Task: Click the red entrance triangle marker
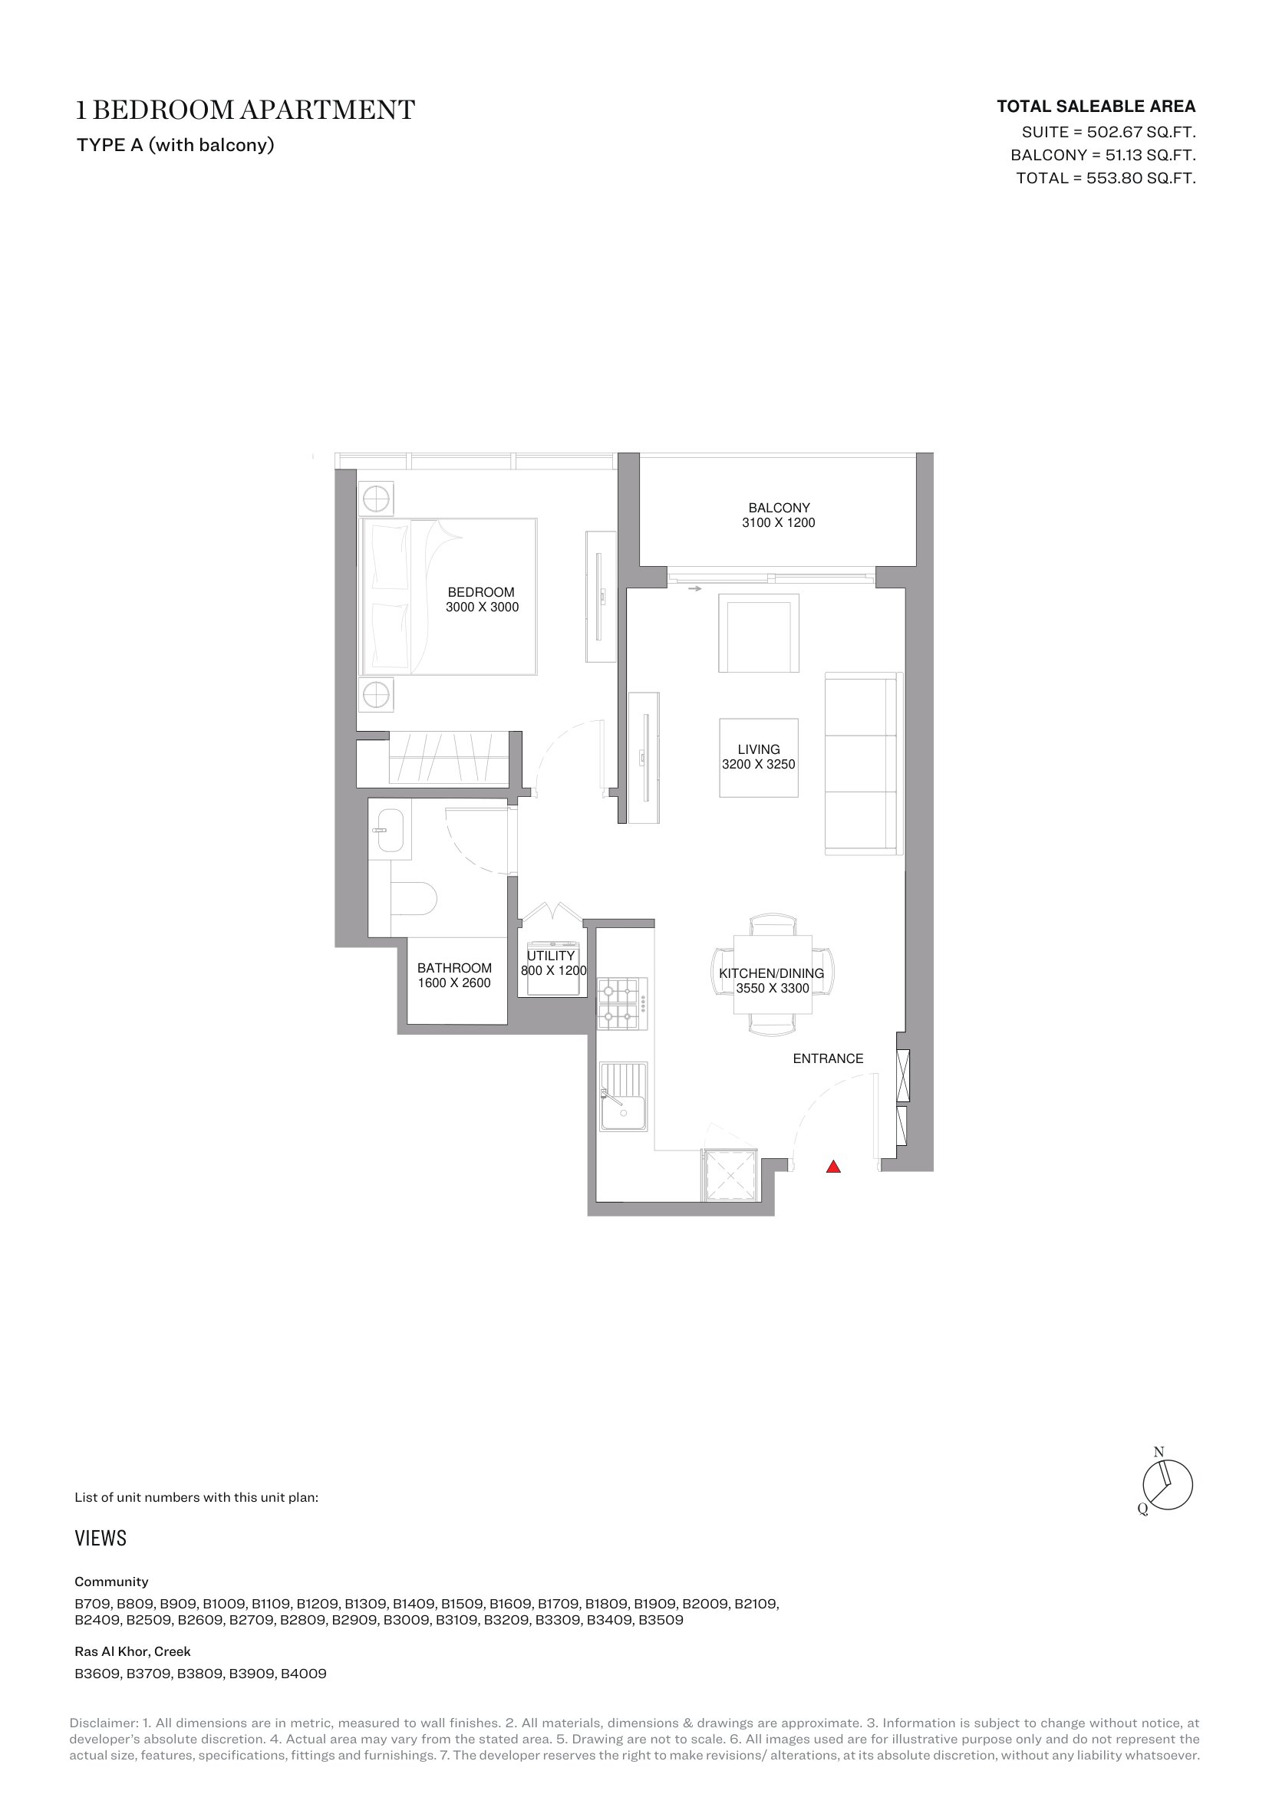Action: pos(834,1167)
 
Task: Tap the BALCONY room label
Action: pos(779,508)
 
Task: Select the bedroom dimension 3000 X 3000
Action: pos(482,607)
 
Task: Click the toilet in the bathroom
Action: pos(414,899)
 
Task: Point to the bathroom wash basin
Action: pos(389,830)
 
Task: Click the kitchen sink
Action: pos(624,1096)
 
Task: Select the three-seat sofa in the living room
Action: pos(861,763)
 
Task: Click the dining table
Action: pos(773,974)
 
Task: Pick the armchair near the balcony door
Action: pos(759,633)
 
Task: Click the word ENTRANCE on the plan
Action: pos(829,1058)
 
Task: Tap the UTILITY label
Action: pos(551,956)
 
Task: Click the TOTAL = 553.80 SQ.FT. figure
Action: pos(1106,178)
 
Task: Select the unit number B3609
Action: pos(97,1674)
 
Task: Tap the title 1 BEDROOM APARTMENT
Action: pos(246,110)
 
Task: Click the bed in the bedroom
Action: pos(448,596)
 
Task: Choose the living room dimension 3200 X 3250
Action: pos(759,764)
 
